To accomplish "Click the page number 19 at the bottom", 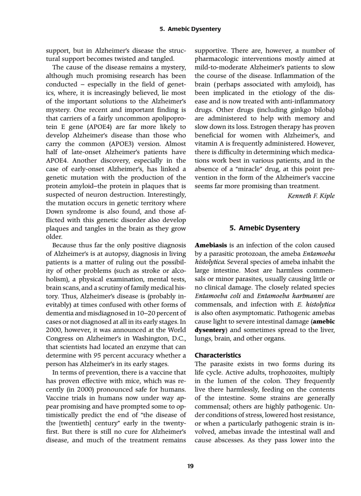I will pyautogui.click(x=190, y=466).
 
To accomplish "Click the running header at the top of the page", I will pyautogui.click(x=190, y=29).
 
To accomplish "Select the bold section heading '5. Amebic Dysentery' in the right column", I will pyautogui.click(x=265, y=228).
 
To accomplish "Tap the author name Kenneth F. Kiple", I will pyautogui.click(x=311, y=196).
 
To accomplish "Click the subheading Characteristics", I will pyautogui.click(x=218, y=355).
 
